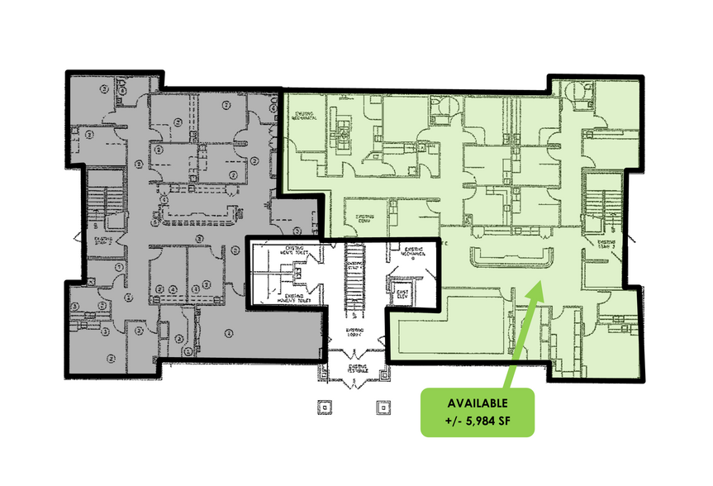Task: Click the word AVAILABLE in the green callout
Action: pyautogui.click(x=478, y=403)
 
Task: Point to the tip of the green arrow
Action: pyautogui.click(x=540, y=283)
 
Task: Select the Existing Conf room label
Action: pyautogui.click(x=366, y=219)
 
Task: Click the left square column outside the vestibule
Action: pyautogui.click(x=326, y=407)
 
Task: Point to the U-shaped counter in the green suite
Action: pyautogui.click(x=511, y=258)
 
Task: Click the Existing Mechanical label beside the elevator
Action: pyautogui.click(x=413, y=253)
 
